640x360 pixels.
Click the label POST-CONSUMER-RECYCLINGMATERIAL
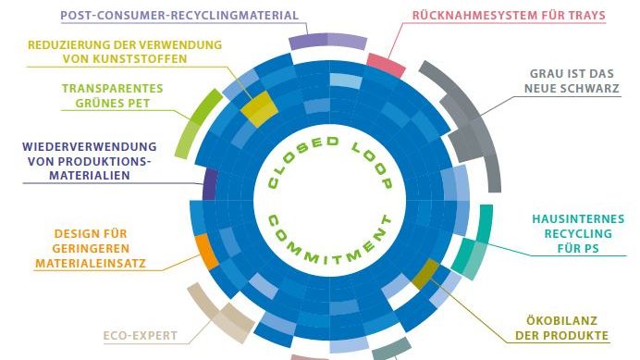tap(179, 15)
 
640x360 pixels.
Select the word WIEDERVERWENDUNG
tap(90, 146)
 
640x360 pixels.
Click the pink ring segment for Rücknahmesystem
tap(386, 65)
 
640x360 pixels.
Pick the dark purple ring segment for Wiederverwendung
tap(210, 183)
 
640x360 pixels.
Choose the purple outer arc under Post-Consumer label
tap(327, 41)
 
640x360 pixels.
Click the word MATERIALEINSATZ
tap(90, 264)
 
